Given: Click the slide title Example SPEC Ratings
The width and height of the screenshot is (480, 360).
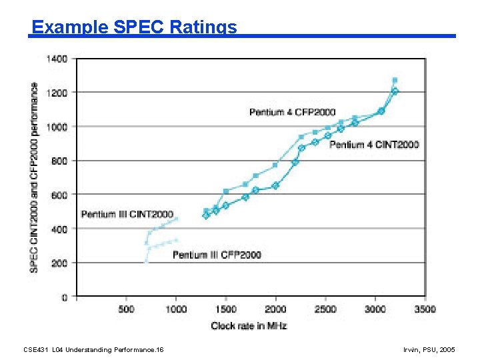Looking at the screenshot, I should [134, 27].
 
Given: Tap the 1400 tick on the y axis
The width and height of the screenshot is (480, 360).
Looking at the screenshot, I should [57, 59].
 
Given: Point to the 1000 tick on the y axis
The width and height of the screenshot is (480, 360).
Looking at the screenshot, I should [57, 126].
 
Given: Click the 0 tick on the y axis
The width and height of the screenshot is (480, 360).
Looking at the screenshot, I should [65, 297].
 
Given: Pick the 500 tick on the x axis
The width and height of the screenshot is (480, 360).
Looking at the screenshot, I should [126, 309].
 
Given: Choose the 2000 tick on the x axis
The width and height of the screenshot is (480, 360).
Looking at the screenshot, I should [275, 309].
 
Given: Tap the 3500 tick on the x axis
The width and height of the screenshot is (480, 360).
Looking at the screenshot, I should [425, 309].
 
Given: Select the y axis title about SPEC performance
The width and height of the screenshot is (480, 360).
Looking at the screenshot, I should [34, 177].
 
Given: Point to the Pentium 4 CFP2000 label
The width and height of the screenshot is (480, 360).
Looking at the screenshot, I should [292, 112].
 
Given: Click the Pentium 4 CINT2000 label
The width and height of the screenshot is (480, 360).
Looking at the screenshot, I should [374, 145].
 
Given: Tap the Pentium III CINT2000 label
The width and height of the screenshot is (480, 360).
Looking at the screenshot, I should [127, 214].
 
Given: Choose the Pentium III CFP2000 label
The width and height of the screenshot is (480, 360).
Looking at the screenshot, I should [217, 255].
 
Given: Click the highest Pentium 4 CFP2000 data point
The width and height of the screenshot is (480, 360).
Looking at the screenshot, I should [395, 81].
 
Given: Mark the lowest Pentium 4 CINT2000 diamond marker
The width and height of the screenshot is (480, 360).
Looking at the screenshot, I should [206, 215].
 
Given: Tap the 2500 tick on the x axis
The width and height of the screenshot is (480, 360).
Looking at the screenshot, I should [325, 309].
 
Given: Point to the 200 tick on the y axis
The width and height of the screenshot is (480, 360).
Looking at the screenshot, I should [59, 263].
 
